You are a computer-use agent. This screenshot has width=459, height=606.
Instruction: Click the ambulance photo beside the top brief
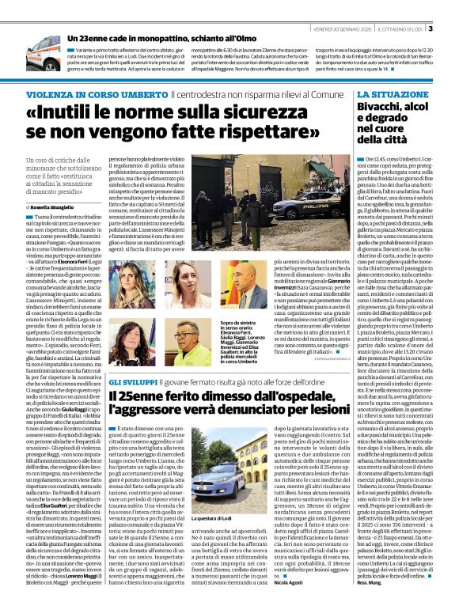click(x=44, y=52)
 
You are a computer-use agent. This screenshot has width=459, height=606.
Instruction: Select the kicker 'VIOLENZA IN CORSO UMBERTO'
click(x=85, y=94)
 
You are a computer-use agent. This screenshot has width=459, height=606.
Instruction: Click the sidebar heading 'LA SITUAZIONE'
click(x=388, y=93)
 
